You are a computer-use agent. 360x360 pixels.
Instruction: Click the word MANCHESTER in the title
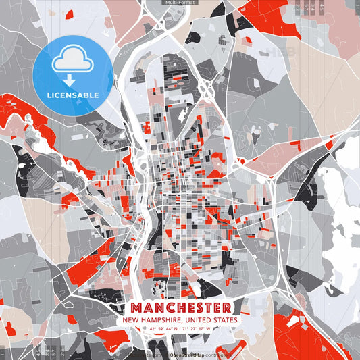click(180, 307)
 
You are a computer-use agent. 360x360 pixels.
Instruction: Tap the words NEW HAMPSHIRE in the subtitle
click(152, 319)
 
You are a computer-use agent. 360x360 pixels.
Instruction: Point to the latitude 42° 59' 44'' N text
click(162, 329)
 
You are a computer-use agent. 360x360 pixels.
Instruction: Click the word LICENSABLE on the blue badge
click(72, 94)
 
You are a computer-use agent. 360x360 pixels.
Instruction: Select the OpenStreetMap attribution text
click(188, 354)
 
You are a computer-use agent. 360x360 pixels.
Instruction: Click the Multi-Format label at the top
click(180, 3)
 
